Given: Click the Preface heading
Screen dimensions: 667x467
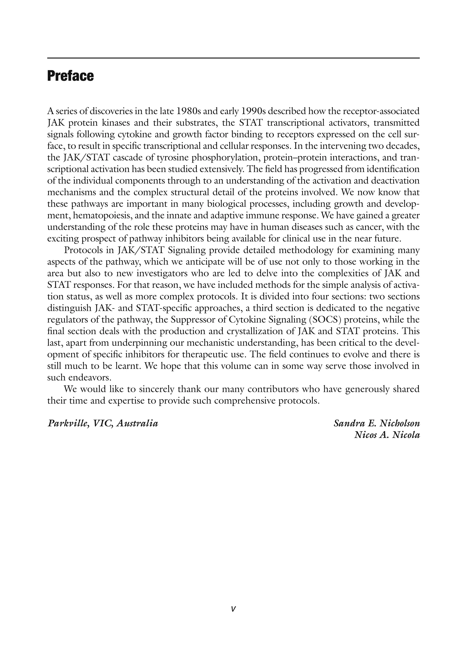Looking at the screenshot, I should click(x=70, y=76).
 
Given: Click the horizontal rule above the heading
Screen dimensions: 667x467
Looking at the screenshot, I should click(x=233, y=58).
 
